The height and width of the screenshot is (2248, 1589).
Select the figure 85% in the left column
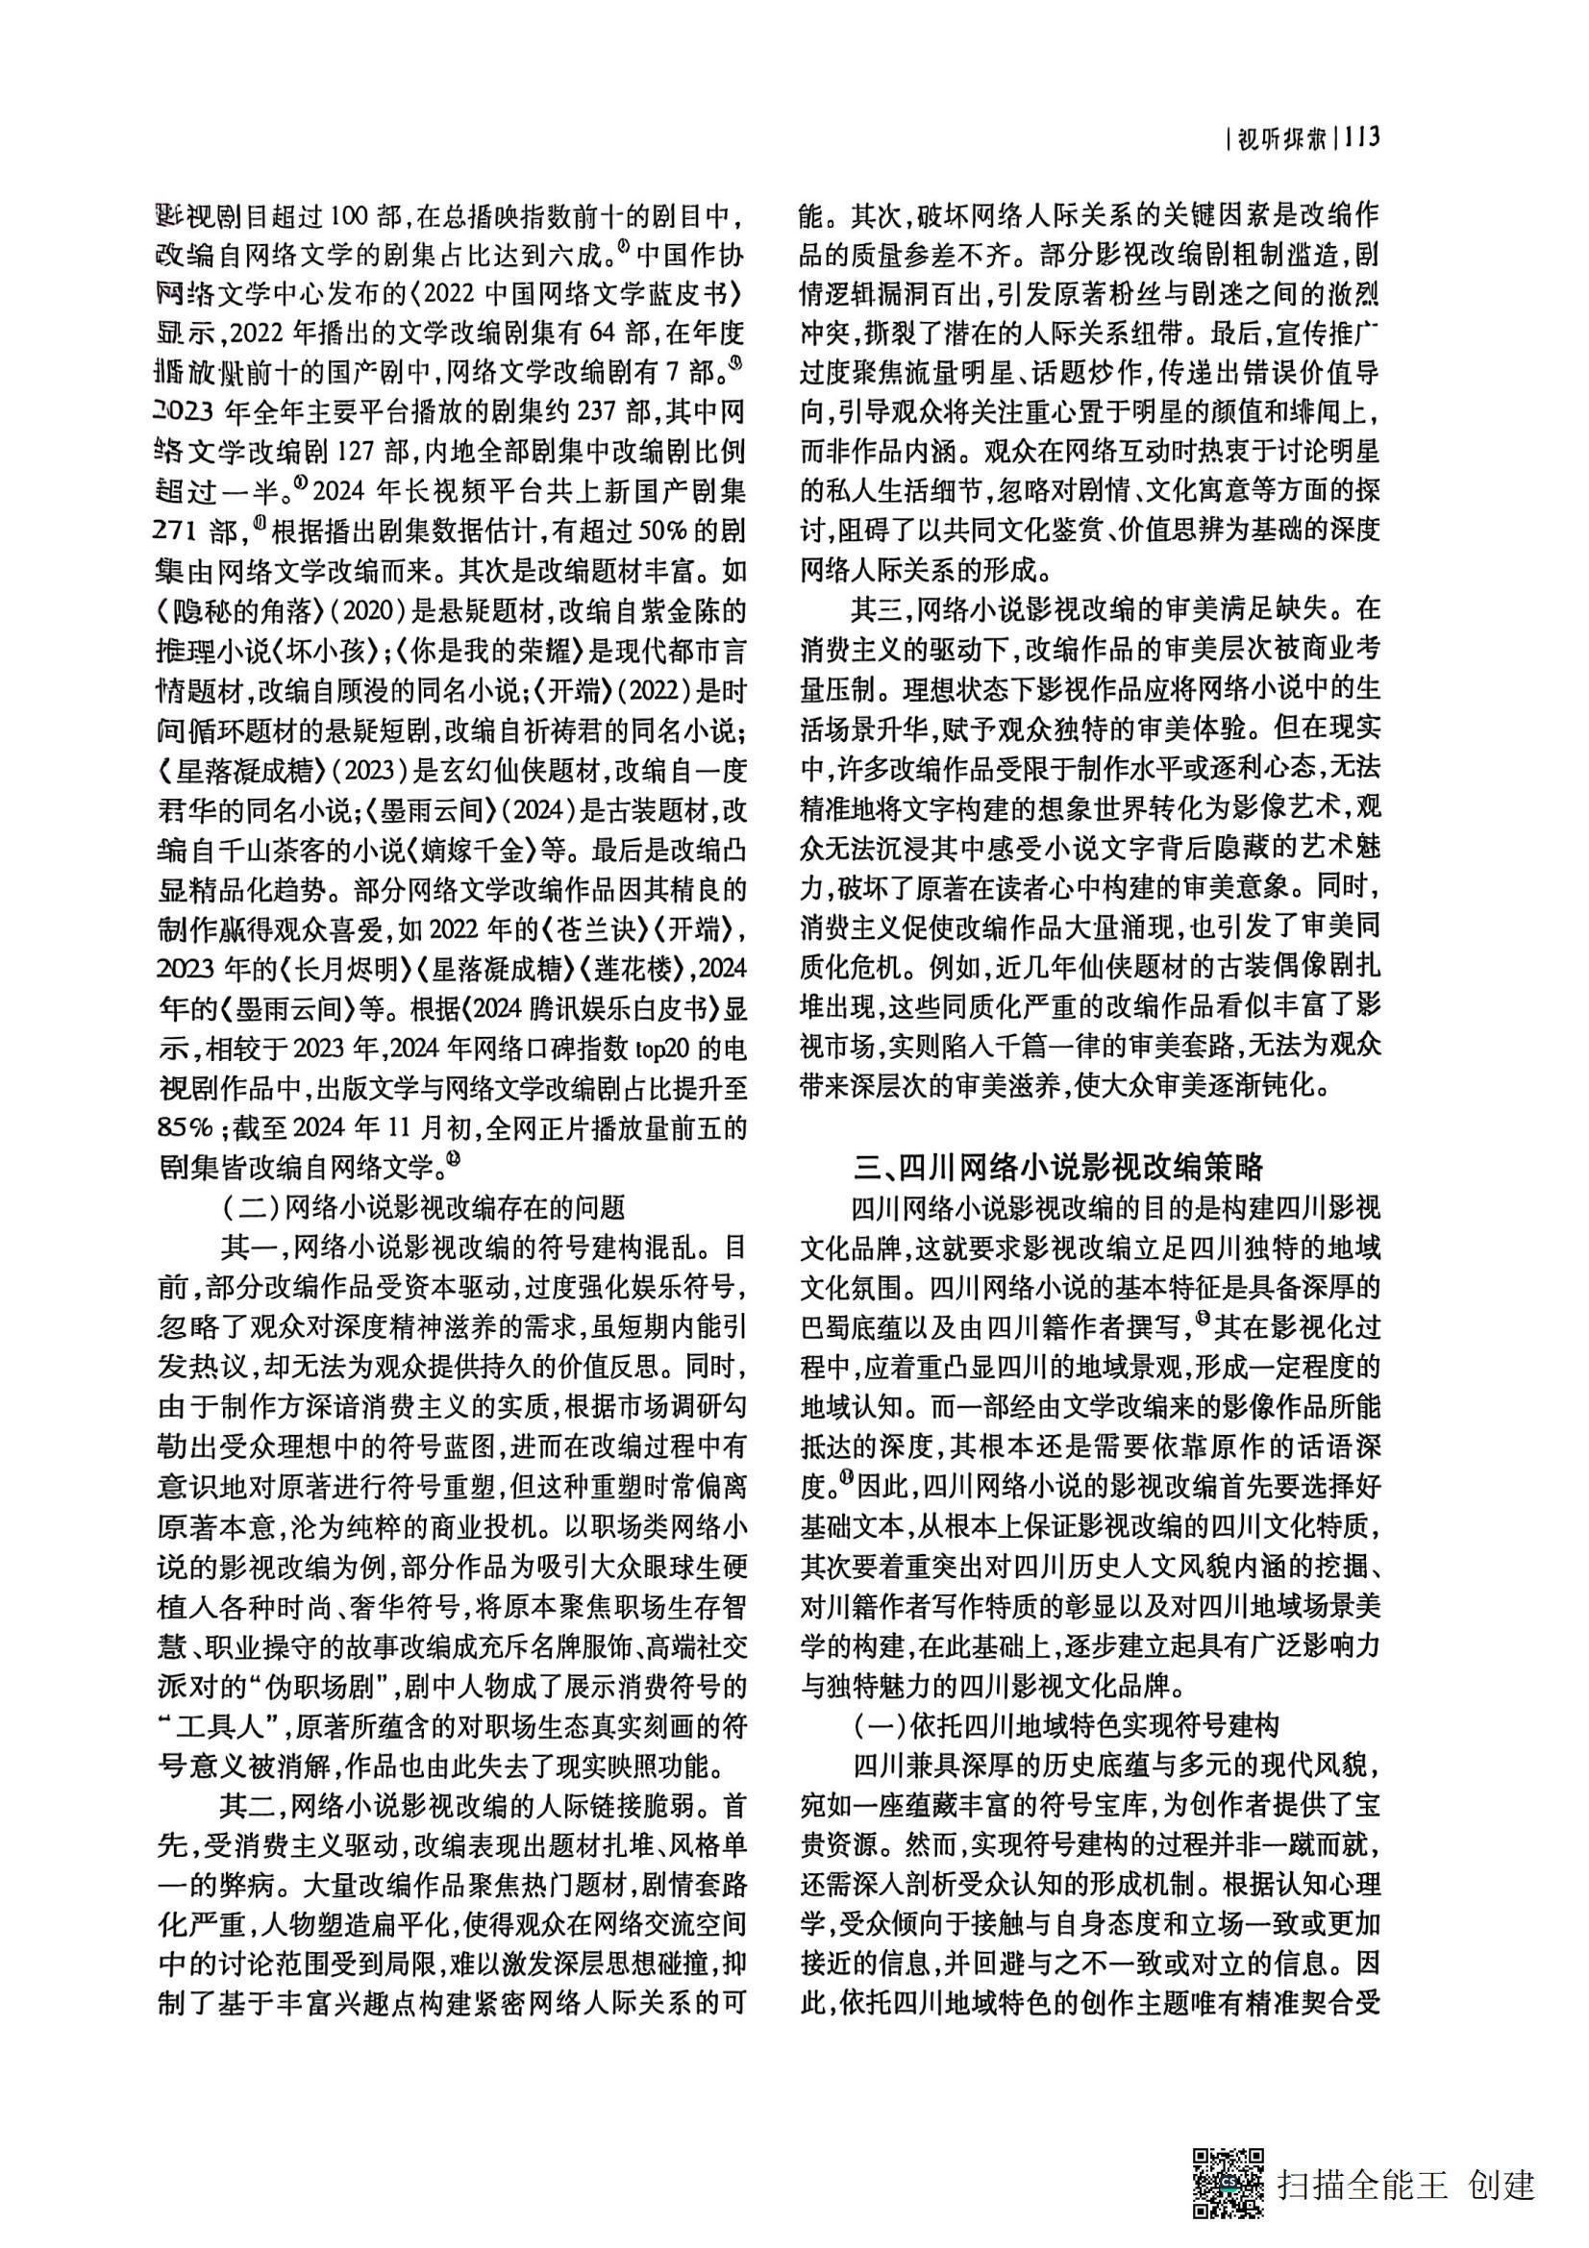coord(187,1127)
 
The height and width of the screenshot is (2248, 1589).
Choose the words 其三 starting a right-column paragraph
coord(876,609)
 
